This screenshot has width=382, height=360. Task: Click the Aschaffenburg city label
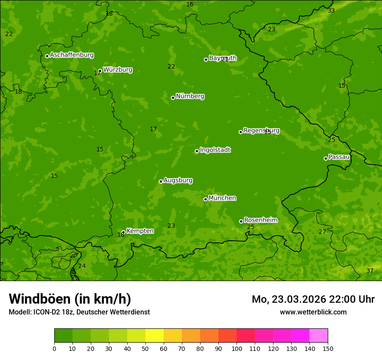click(72, 55)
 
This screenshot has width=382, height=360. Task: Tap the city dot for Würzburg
click(100, 71)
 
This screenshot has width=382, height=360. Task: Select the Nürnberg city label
click(190, 96)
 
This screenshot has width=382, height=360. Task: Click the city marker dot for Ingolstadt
click(197, 151)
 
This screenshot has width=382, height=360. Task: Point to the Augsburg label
click(178, 180)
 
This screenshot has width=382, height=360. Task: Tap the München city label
click(222, 198)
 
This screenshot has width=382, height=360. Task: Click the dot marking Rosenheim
click(241, 222)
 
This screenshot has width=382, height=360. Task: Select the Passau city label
click(339, 157)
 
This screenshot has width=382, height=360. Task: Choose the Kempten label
click(140, 231)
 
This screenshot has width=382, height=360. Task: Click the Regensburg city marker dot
click(240, 132)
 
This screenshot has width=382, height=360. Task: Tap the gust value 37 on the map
click(370, 271)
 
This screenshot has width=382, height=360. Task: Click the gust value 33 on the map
click(331, 10)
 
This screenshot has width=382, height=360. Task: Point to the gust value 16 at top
click(190, 4)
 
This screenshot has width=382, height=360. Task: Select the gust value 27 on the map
click(322, 232)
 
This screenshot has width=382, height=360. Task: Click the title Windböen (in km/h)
click(70, 299)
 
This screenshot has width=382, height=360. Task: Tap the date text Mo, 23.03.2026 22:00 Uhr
click(313, 299)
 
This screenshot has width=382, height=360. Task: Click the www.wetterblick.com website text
click(313, 312)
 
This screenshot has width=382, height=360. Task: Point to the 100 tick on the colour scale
click(237, 348)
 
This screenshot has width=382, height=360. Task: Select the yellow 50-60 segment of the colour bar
click(155, 336)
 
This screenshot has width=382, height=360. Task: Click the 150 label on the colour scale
click(328, 348)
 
